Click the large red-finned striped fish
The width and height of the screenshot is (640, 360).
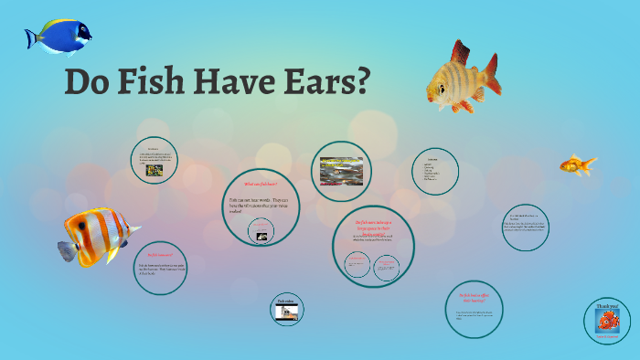coord(462,79)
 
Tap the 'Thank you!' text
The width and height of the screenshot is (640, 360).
coord(607,306)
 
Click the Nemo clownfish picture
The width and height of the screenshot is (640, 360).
coord(607,322)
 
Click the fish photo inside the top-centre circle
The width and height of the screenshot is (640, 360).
coord(340,170)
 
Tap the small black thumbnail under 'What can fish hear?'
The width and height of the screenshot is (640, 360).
coord(261,237)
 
